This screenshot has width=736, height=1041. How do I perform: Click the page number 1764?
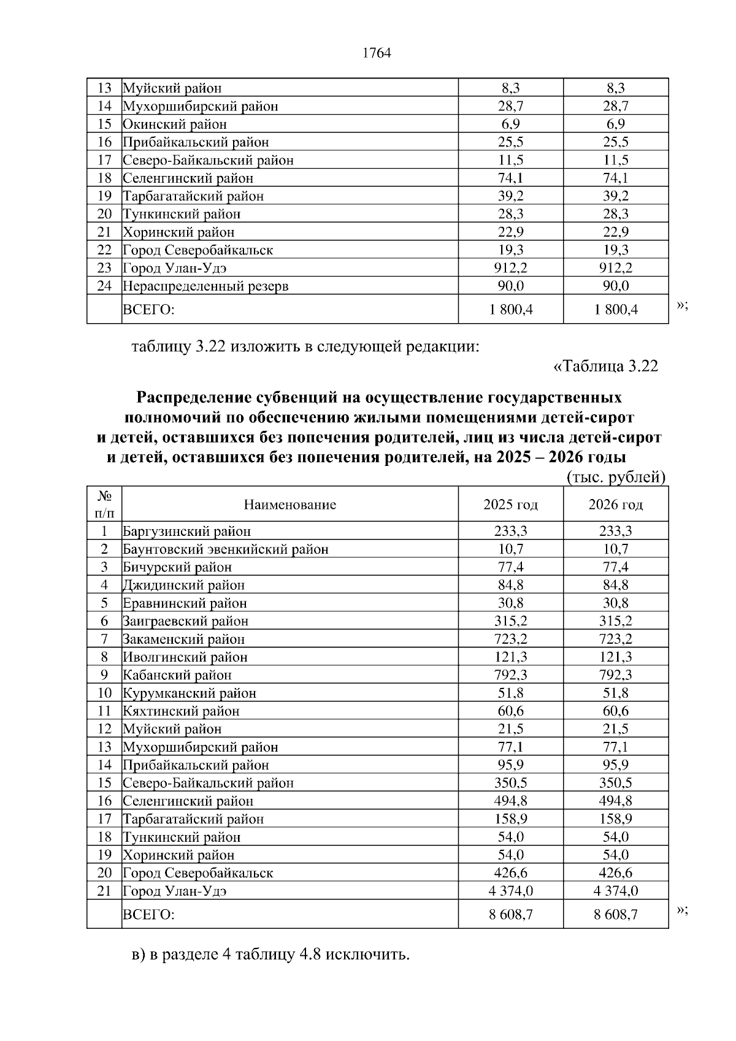(x=377, y=53)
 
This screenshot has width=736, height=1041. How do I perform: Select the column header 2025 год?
(x=510, y=505)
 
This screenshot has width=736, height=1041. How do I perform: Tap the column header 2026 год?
(x=615, y=505)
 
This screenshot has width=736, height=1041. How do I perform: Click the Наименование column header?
(x=290, y=505)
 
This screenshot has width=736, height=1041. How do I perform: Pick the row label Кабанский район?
(x=177, y=675)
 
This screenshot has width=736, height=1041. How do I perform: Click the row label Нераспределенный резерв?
(x=205, y=286)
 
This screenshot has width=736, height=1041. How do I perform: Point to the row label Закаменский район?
(x=184, y=639)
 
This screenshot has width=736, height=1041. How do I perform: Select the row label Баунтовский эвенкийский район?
(x=226, y=549)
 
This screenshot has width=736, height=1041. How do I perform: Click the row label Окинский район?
(x=175, y=124)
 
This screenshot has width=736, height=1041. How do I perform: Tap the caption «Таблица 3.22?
(x=605, y=367)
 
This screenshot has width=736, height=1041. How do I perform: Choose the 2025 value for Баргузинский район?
(x=510, y=532)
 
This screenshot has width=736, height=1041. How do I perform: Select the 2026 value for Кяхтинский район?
(x=615, y=711)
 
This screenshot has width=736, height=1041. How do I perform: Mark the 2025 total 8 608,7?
(x=510, y=915)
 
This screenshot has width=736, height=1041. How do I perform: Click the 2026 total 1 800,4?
(x=615, y=310)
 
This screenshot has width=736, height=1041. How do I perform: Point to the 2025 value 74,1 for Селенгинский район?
(x=510, y=178)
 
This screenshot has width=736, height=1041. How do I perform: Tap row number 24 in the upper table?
(x=104, y=286)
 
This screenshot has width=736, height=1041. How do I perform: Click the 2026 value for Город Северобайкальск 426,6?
(x=615, y=873)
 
